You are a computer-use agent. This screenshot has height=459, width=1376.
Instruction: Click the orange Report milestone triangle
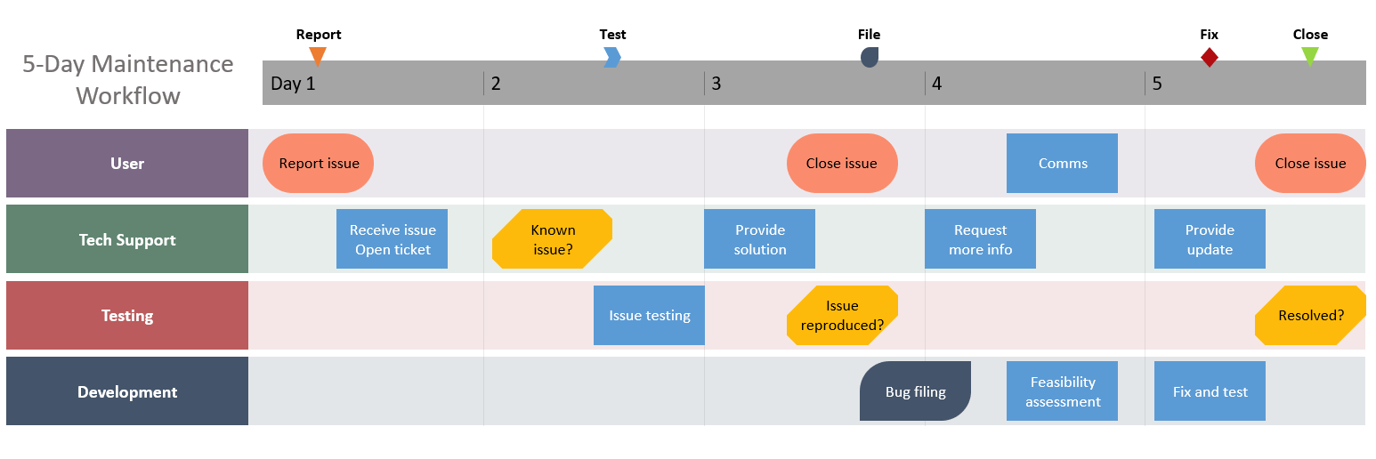pos(318,56)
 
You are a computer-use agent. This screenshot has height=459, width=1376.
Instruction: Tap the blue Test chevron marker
pos(612,57)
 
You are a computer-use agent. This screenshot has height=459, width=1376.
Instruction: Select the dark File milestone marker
pos(870,57)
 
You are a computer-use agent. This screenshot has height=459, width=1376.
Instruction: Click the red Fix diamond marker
pos(1209,57)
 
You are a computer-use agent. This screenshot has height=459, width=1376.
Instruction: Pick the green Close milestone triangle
pos(1310,56)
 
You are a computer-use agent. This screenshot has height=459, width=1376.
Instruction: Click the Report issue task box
pos(318,163)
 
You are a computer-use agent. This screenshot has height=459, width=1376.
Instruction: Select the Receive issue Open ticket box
pos(392,239)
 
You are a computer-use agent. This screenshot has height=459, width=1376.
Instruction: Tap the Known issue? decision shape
pos(552,239)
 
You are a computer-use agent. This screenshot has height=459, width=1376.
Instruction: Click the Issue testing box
pos(649,315)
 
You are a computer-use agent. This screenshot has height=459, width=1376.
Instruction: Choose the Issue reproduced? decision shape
pos(842,315)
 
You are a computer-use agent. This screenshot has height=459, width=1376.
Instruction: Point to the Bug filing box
pos(915,391)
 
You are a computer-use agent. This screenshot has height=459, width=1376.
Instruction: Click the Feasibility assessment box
pos(1062,391)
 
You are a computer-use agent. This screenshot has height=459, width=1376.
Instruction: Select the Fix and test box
pos(1210,391)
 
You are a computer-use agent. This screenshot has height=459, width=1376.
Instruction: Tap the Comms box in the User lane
pos(1062,163)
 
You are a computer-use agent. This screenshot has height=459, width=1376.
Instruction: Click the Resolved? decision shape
pos(1310,315)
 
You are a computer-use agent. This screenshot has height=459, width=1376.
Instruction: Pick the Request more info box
pos(980,239)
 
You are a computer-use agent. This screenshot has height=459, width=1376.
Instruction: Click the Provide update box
pos(1210,239)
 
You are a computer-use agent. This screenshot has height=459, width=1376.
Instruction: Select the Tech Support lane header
pos(127,239)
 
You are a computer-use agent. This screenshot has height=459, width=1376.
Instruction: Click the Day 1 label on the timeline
pos(293,84)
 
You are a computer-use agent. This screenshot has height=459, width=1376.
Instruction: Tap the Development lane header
pos(127,391)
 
